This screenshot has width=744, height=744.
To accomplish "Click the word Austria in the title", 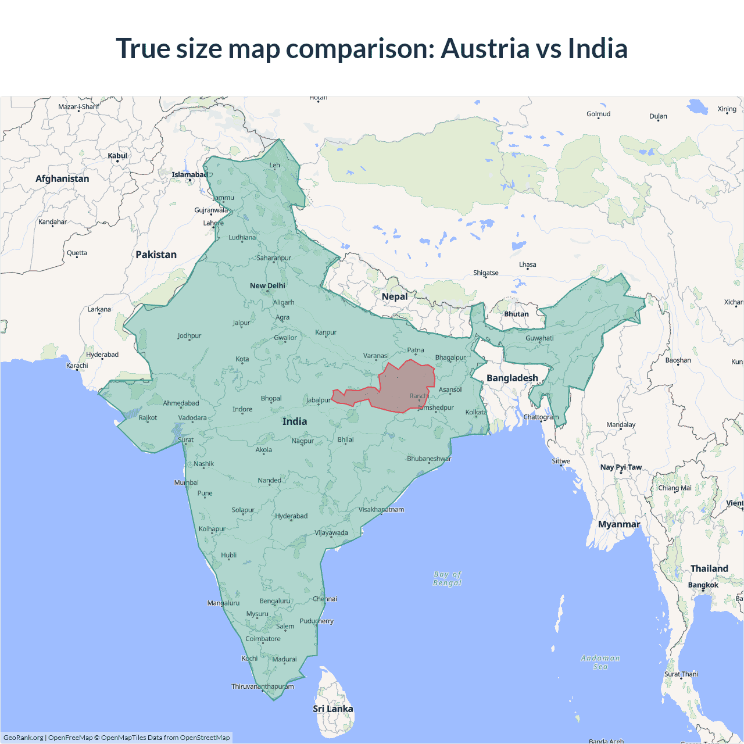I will (x=485, y=48).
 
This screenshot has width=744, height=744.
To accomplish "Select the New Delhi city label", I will (x=267, y=286).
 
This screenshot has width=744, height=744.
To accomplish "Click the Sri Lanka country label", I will (x=332, y=709).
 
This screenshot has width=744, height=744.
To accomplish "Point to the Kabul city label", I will (x=117, y=156).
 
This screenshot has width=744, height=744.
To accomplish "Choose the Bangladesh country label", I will (x=512, y=378).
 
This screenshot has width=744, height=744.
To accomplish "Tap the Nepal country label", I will (x=395, y=296).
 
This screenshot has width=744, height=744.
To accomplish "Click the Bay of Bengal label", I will (x=447, y=578).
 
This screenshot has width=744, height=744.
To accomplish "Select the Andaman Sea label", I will (x=600, y=662).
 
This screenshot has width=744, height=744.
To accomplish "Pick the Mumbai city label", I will (x=187, y=482).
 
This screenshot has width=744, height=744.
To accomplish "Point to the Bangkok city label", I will (x=703, y=585).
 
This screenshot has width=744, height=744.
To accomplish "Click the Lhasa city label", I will (x=528, y=264).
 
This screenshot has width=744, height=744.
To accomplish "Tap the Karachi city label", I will (x=77, y=366).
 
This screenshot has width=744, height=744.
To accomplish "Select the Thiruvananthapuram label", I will (x=263, y=686).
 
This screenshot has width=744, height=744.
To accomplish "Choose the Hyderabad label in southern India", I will (x=291, y=516).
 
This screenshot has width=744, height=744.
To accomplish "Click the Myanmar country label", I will (x=619, y=524).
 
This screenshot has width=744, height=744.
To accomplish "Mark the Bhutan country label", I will (x=516, y=314).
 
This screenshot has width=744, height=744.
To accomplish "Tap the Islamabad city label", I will (x=189, y=175).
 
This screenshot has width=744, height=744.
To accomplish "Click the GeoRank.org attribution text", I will (x=23, y=738).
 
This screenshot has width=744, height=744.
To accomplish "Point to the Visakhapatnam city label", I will (x=381, y=510).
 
